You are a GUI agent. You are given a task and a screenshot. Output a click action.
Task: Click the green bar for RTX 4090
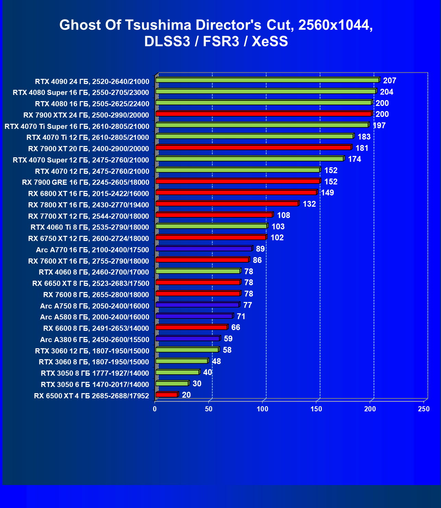[x=267, y=80]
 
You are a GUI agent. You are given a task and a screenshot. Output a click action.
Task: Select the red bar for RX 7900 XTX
[x=264, y=114]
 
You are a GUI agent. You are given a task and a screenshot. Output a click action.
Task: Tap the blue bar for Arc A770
[x=204, y=249]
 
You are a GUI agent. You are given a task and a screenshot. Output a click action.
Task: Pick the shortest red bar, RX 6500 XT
[x=167, y=395]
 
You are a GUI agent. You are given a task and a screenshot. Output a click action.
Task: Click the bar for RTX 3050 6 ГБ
[x=172, y=384]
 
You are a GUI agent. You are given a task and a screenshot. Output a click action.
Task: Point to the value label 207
[x=390, y=81]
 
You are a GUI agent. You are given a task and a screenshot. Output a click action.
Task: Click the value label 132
[x=309, y=204]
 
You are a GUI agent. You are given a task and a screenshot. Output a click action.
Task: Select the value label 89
[x=260, y=249]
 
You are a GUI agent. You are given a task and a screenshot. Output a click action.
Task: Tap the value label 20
[x=186, y=395]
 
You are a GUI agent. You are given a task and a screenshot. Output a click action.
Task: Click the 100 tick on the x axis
[x=262, y=409]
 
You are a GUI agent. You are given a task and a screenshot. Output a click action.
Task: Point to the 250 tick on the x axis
[x=424, y=409]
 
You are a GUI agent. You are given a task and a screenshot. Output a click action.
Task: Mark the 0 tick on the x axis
[x=155, y=409]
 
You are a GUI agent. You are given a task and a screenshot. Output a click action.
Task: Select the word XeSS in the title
[x=270, y=41]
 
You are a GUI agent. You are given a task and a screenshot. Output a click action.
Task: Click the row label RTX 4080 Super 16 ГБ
[x=81, y=93]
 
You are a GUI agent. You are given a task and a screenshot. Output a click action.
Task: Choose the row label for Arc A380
[x=95, y=340]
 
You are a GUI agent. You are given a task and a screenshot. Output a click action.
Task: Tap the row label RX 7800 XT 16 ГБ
[x=88, y=205]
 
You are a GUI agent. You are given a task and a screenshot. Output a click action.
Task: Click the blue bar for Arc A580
[x=194, y=316]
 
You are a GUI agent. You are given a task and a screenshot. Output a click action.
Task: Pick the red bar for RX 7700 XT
[x=214, y=215]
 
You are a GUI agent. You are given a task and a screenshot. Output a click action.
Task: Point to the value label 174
[x=354, y=159]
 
